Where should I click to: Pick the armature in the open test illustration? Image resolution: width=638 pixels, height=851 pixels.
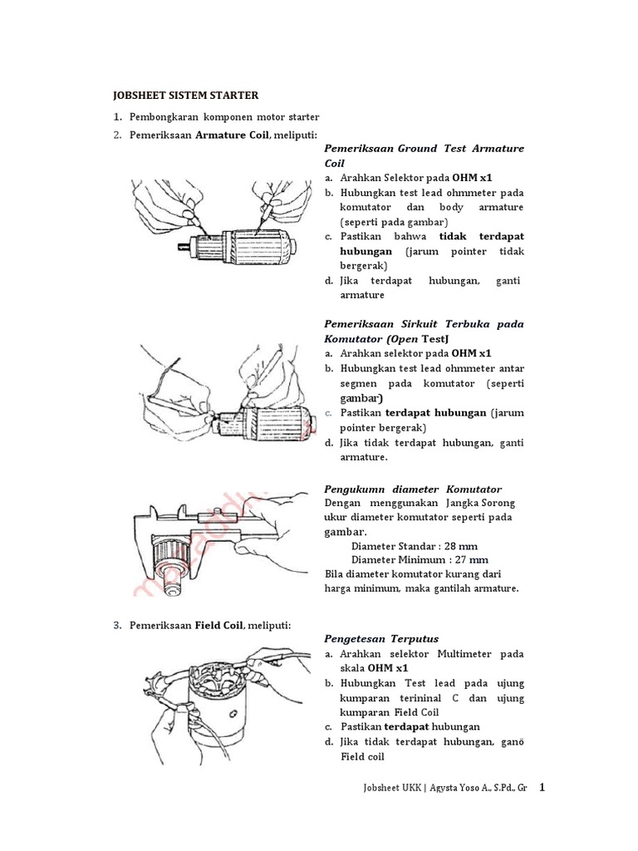(x=278, y=420)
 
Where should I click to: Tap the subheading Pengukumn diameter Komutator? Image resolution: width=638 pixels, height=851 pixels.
(x=413, y=489)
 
